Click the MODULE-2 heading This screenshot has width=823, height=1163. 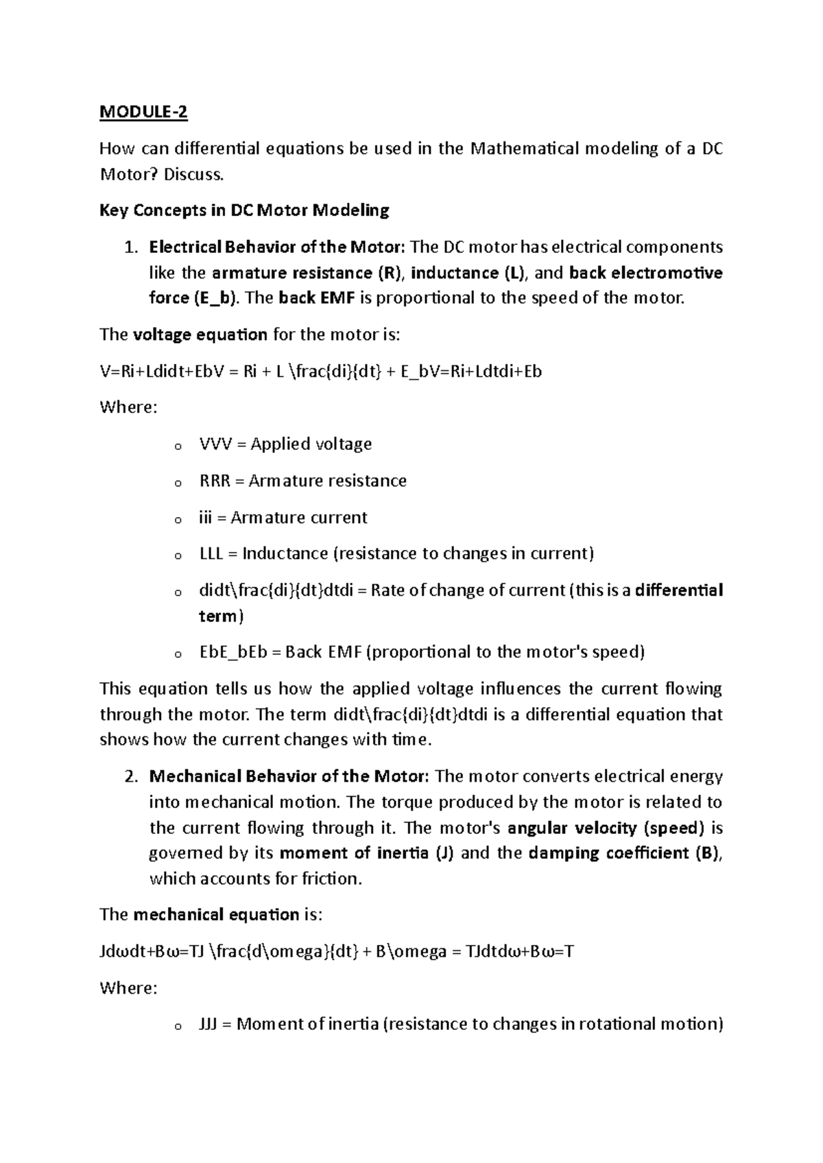(x=143, y=112)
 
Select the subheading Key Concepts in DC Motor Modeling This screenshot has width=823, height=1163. (x=244, y=210)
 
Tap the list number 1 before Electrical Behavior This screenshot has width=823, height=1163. (x=131, y=247)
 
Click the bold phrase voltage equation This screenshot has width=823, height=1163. (x=200, y=335)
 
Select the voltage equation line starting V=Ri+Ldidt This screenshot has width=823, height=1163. (x=320, y=371)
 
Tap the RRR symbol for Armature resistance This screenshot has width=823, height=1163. (x=215, y=481)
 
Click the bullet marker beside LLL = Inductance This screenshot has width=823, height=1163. (x=177, y=555)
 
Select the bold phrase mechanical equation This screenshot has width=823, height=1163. (x=216, y=915)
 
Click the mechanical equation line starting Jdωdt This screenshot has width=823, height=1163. (x=336, y=952)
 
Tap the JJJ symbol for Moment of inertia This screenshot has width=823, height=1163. (x=208, y=1024)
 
